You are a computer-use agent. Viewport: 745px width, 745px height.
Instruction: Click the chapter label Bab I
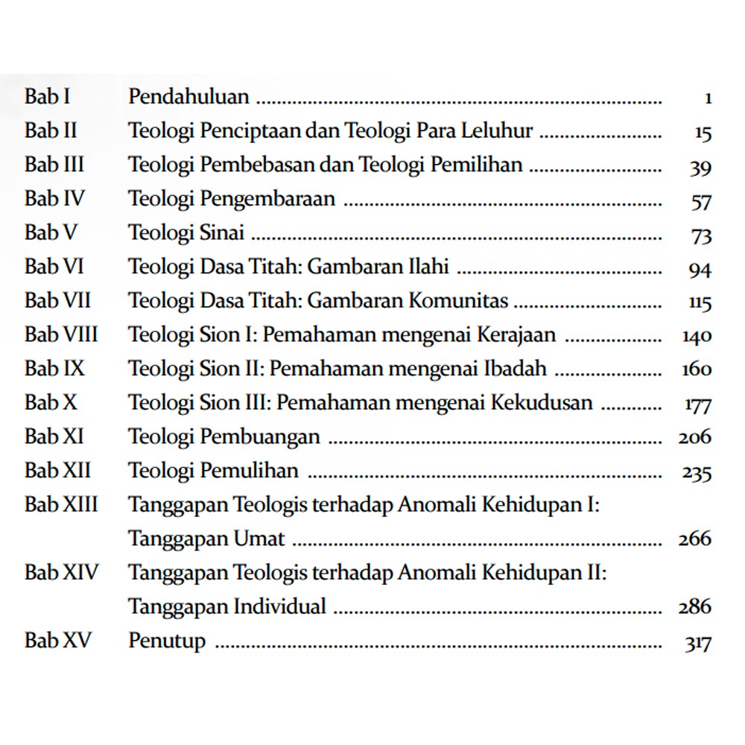pyautogui.click(x=47, y=97)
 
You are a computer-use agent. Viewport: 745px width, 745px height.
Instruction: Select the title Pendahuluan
pyautogui.click(x=189, y=97)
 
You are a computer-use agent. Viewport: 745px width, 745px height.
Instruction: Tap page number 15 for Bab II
pyautogui.click(x=702, y=133)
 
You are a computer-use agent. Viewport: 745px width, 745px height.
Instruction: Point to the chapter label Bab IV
pyautogui.click(x=54, y=199)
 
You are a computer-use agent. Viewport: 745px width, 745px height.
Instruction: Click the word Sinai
pyautogui.click(x=222, y=232)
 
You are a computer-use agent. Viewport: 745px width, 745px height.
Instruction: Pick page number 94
pyautogui.click(x=700, y=269)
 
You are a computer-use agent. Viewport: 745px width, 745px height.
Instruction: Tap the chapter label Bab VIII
pyautogui.click(x=61, y=335)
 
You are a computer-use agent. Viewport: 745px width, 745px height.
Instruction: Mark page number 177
pyautogui.click(x=697, y=405)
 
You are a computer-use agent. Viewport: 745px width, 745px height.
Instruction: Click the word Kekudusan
pyautogui.click(x=541, y=403)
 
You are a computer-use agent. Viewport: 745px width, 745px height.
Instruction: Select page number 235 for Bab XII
pyautogui.click(x=697, y=472)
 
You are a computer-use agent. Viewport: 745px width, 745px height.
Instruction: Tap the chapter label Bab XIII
pyautogui.click(x=61, y=504)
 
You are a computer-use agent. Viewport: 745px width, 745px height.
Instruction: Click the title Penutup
pyautogui.click(x=167, y=641)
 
